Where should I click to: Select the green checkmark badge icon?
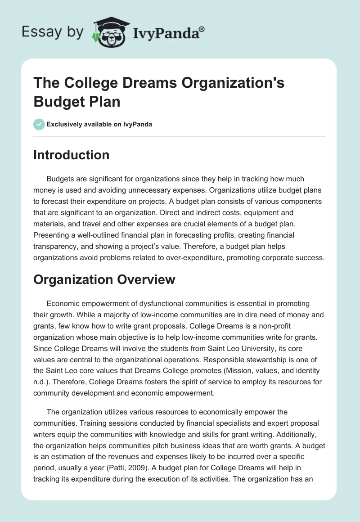click(x=39, y=124)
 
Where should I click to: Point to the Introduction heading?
click(x=72, y=155)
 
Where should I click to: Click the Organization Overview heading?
click(x=104, y=279)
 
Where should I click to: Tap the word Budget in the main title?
click(x=54, y=101)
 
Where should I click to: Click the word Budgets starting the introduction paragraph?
click(x=61, y=179)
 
